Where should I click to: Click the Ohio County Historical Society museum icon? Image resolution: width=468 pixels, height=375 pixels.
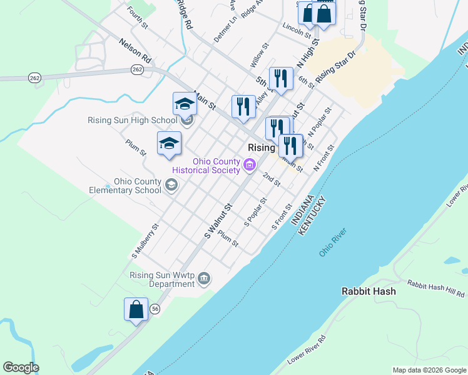[250, 166]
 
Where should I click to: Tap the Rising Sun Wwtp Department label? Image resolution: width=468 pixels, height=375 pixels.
[163, 279]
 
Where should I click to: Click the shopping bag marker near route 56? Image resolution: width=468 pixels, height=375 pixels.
[136, 309]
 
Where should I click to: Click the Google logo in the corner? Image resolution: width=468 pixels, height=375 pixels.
[21, 367]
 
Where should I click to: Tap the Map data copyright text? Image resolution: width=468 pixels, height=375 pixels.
[429, 370]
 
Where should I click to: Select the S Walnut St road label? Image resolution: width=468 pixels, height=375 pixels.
[218, 221]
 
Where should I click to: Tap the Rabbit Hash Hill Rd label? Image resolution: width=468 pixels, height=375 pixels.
[435, 287]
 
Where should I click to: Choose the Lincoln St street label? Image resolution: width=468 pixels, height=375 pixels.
[297, 28]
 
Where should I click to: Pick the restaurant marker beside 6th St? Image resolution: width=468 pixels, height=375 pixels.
[281, 78]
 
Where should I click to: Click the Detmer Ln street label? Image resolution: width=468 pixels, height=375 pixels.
[225, 29]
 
